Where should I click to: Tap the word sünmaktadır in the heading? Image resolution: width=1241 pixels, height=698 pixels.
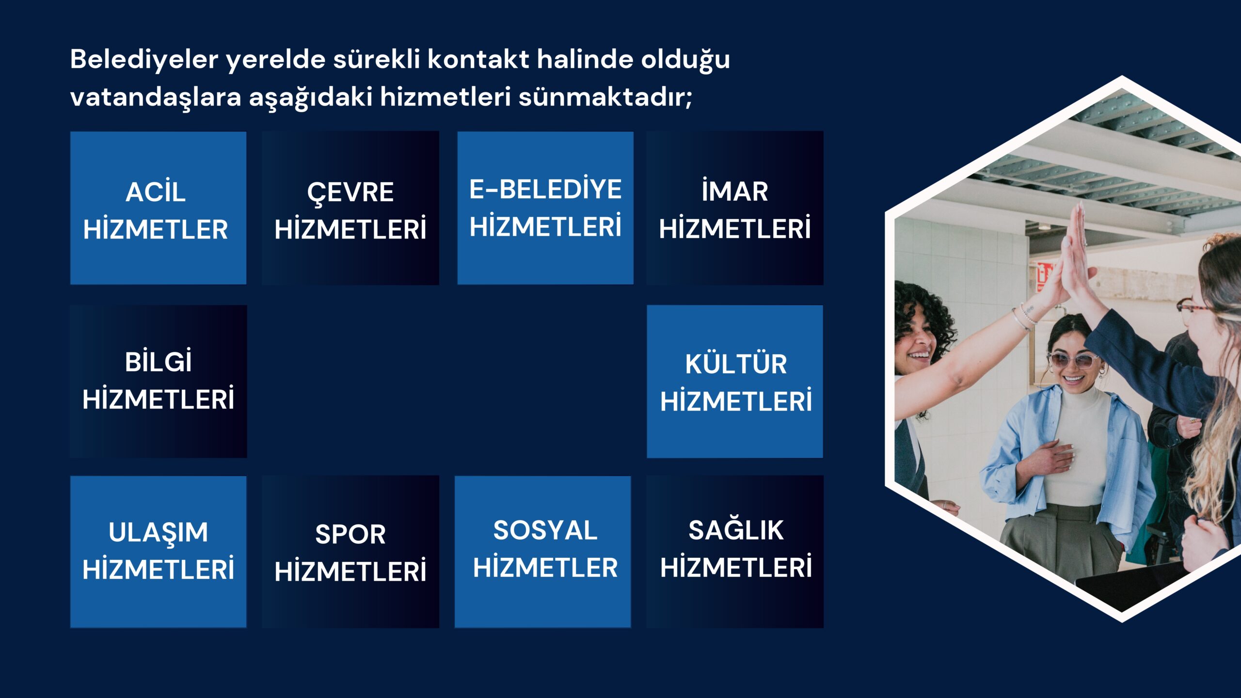(x=605, y=96)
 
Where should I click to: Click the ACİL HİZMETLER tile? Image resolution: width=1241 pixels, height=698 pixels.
(x=158, y=208)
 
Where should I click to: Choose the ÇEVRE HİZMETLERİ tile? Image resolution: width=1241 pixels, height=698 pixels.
(x=350, y=208)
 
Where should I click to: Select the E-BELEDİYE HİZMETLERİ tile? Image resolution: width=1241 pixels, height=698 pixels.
(x=545, y=208)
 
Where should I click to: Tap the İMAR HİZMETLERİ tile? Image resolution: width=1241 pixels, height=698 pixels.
(x=735, y=208)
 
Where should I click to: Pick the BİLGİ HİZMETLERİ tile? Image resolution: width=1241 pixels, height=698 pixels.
(x=158, y=381)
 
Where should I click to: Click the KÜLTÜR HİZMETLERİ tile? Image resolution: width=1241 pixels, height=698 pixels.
(x=735, y=381)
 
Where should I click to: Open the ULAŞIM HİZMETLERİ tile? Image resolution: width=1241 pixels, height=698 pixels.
(x=158, y=552)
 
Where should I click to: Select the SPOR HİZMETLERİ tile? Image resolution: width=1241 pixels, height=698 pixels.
(x=350, y=552)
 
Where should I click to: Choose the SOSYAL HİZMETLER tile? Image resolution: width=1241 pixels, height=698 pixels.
(x=543, y=552)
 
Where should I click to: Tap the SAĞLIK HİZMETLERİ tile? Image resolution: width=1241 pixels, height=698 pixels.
(x=735, y=552)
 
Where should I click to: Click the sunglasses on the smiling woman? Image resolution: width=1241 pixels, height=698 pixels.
(x=1072, y=360)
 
